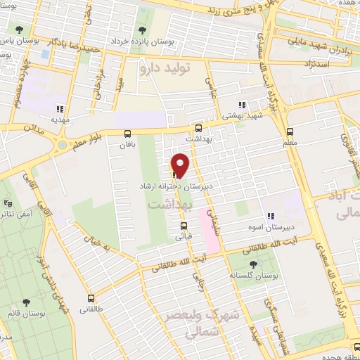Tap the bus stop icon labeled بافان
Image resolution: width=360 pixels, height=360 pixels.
click(x=127, y=134)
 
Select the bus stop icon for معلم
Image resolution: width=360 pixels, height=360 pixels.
click(x=290, y=131)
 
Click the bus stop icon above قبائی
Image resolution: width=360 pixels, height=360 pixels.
click(x=184, y=226)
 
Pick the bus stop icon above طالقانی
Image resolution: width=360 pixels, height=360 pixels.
click(x=90, y=298)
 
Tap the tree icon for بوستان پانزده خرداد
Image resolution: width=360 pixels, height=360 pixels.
click(x=142, y=30)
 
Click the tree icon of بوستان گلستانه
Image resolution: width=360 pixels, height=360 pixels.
click(x=253, y=264)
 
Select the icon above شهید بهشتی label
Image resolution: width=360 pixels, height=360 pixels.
click(x=241, y=105)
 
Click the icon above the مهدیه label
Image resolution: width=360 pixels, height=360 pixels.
click(x=60, y=109)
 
